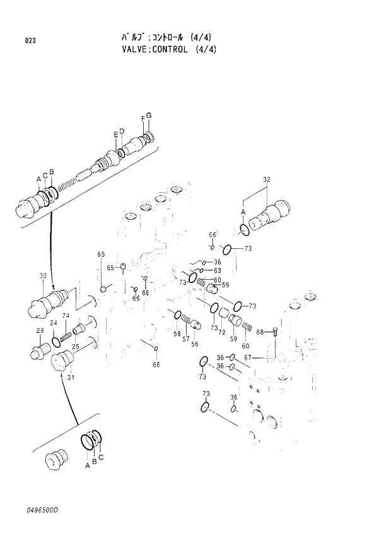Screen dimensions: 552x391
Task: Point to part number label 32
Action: (266, 180)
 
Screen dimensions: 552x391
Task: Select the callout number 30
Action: (43, 276)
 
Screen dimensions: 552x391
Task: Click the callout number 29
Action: (39, 331)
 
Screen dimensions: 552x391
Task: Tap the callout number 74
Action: (66, 316)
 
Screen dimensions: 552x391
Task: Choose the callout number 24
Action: (54, 323)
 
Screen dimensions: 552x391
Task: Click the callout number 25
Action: (75, 347)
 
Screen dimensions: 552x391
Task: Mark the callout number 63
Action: (217, 270)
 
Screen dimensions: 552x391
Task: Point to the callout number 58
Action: (177, 333)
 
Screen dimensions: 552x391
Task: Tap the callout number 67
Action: (248, 357)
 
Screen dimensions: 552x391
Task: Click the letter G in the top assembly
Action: (149, 115)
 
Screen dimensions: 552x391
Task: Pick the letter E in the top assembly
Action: (115, 134)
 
